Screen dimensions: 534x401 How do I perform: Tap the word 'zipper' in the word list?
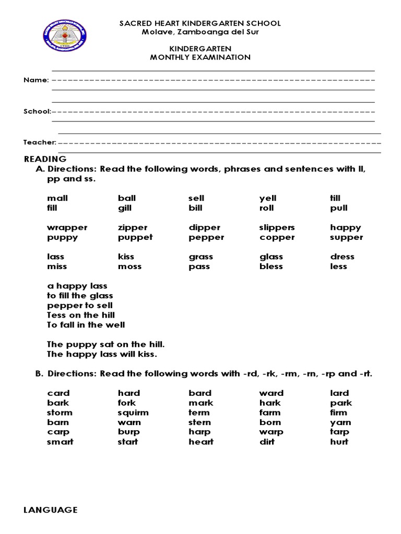click(133, 227)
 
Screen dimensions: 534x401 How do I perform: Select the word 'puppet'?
click(135, 237)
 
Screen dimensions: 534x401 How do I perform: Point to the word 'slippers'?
click(277, 227)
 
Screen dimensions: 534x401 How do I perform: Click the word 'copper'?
click(277, 237)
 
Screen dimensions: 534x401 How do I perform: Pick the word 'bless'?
click(271, 266)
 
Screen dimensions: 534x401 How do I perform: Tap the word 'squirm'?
click(133, 412)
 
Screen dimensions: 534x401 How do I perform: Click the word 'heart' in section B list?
click(201, 442)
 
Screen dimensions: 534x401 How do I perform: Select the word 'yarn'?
click(340, 422)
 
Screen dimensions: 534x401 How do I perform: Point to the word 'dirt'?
click(267, 442)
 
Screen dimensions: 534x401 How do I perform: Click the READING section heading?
click(45, 159)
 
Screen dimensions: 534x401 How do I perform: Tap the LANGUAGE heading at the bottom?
click(51, 510)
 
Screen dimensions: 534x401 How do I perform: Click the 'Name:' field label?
click(36, 80)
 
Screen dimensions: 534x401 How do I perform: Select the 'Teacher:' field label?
click(40, 142)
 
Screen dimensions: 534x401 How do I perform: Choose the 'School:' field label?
click(37, 112)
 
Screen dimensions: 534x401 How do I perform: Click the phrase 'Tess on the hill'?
click(81, 315)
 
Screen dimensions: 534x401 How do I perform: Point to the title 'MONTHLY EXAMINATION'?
click(200, 57)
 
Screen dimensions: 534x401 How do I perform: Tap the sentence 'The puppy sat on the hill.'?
click(106, 344)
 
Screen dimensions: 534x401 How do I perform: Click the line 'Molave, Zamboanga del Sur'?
click(200, 32)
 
